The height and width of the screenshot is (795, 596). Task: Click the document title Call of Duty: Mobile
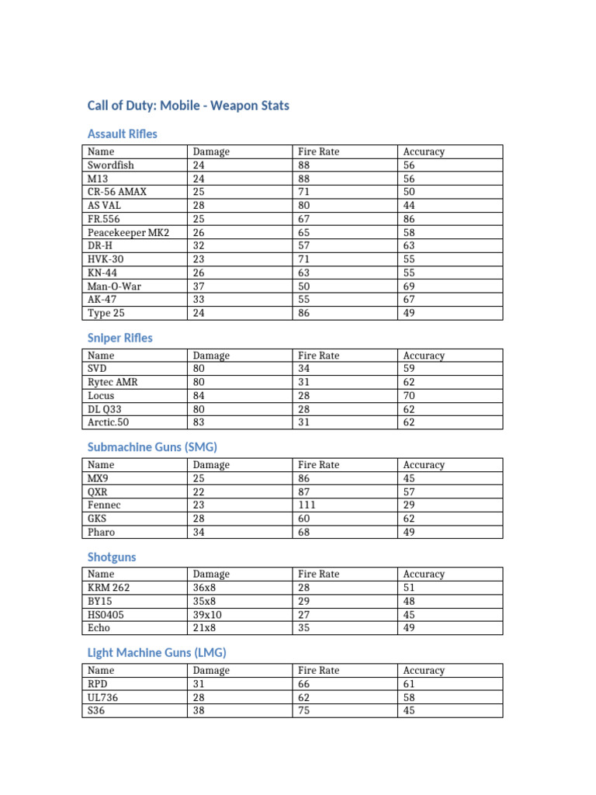[x=188, y=105]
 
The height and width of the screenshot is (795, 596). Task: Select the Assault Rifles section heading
[x=123, y=134]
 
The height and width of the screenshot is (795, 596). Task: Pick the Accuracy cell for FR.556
[x=409, y=219]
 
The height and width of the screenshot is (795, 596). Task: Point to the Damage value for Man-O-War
[x=199, y=286]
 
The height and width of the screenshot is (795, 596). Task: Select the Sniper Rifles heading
[x=120, y=338]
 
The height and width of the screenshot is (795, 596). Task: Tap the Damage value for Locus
[x=199, y=396]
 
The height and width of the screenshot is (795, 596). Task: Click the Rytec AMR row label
[x=113, y=382]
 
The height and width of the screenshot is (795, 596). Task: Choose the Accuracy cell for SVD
[x=409, y=369]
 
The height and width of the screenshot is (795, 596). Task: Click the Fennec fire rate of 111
[x=307, y=505]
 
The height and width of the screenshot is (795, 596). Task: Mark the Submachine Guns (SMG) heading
[x=152, y=447]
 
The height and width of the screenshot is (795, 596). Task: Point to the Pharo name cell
[x=102, y=533]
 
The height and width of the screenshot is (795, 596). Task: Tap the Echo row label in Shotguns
[x=99, y=628]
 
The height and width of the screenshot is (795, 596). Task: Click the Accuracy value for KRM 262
[x=409, y=588]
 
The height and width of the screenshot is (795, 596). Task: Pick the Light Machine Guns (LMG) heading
[x=157, y=652]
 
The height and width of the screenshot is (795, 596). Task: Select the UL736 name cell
[x=103, y=697]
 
